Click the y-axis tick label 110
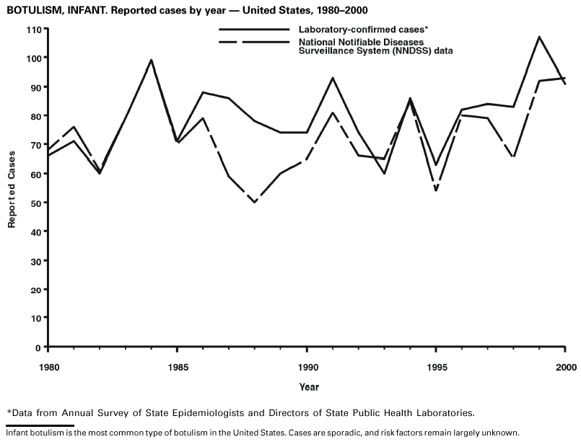point(33,29)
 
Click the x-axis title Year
point(309,387)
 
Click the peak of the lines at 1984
point(151,60)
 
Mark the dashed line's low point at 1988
point(255,203)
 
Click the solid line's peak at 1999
point(539,37)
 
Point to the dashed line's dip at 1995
point(436,191)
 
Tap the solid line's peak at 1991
point(332,78)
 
